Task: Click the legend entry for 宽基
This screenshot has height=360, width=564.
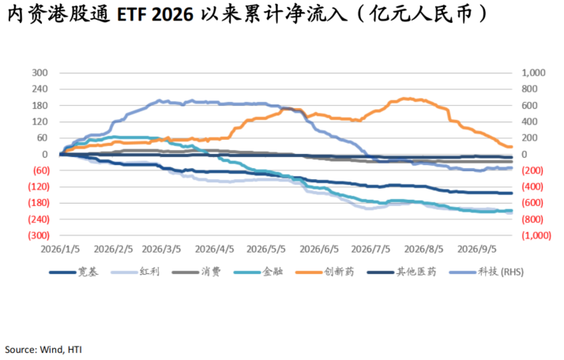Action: [x=73, y=272]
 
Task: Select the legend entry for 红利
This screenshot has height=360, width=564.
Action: [x=135, y=272]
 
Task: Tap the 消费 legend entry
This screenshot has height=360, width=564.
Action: [x=197, y=272]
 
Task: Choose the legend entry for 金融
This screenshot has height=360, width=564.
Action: [x=258, y=272]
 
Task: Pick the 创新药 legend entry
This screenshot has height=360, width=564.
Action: [x=325, y=272]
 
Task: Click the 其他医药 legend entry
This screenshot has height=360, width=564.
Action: [x=401, y=272]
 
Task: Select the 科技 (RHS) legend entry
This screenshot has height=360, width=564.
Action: [x=487, y=272]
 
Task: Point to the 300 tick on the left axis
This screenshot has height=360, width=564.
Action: [x=39, y=73]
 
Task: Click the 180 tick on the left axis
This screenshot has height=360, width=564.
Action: [x=39, y=105]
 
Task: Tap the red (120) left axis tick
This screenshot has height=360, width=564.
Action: [x=39, y=186]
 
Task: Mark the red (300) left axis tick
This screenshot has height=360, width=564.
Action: [x=39, y=235]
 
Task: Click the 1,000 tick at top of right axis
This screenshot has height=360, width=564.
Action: [x=533, y=73]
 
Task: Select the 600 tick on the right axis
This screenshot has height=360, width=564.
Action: [x=529, y=105]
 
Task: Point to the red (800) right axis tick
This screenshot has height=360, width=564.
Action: [x=532, y=219]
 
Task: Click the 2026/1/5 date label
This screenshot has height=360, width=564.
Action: [x=60, y=249]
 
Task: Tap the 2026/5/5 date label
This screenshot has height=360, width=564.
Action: [x=266, y=249]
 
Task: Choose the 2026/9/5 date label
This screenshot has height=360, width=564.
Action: [x=477, y=249]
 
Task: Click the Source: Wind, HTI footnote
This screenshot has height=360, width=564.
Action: [x=43, y=350]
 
